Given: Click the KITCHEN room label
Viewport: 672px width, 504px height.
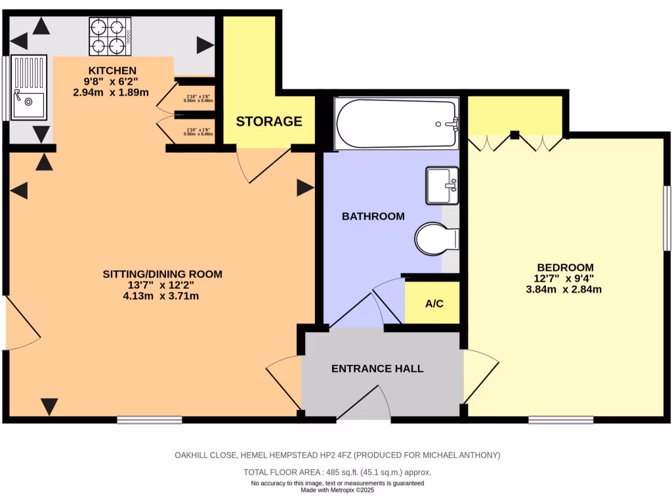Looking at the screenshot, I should point(112,71).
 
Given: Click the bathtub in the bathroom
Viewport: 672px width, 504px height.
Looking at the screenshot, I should point(396,123).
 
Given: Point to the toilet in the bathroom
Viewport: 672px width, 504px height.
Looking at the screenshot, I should point(436,238).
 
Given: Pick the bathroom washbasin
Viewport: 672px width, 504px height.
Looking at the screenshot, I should point(442,185).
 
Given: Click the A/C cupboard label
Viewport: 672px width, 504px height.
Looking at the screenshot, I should point(434,303).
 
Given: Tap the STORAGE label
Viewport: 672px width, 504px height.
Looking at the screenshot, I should point(269,121).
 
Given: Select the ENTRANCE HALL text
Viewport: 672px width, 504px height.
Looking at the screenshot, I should point(377,369).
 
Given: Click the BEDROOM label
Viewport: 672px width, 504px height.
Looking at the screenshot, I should point(565,267).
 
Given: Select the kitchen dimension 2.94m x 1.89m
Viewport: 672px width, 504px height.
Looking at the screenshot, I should point(111,93).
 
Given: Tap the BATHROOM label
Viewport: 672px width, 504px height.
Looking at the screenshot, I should point(373,216).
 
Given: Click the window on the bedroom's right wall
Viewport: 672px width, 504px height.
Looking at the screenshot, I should point(667,218).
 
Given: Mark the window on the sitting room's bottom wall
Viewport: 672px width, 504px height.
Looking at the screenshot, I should point(150,419).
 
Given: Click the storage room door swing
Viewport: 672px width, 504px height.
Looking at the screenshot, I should point(264,166).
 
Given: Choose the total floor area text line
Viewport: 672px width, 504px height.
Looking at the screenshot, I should point(337,472).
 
